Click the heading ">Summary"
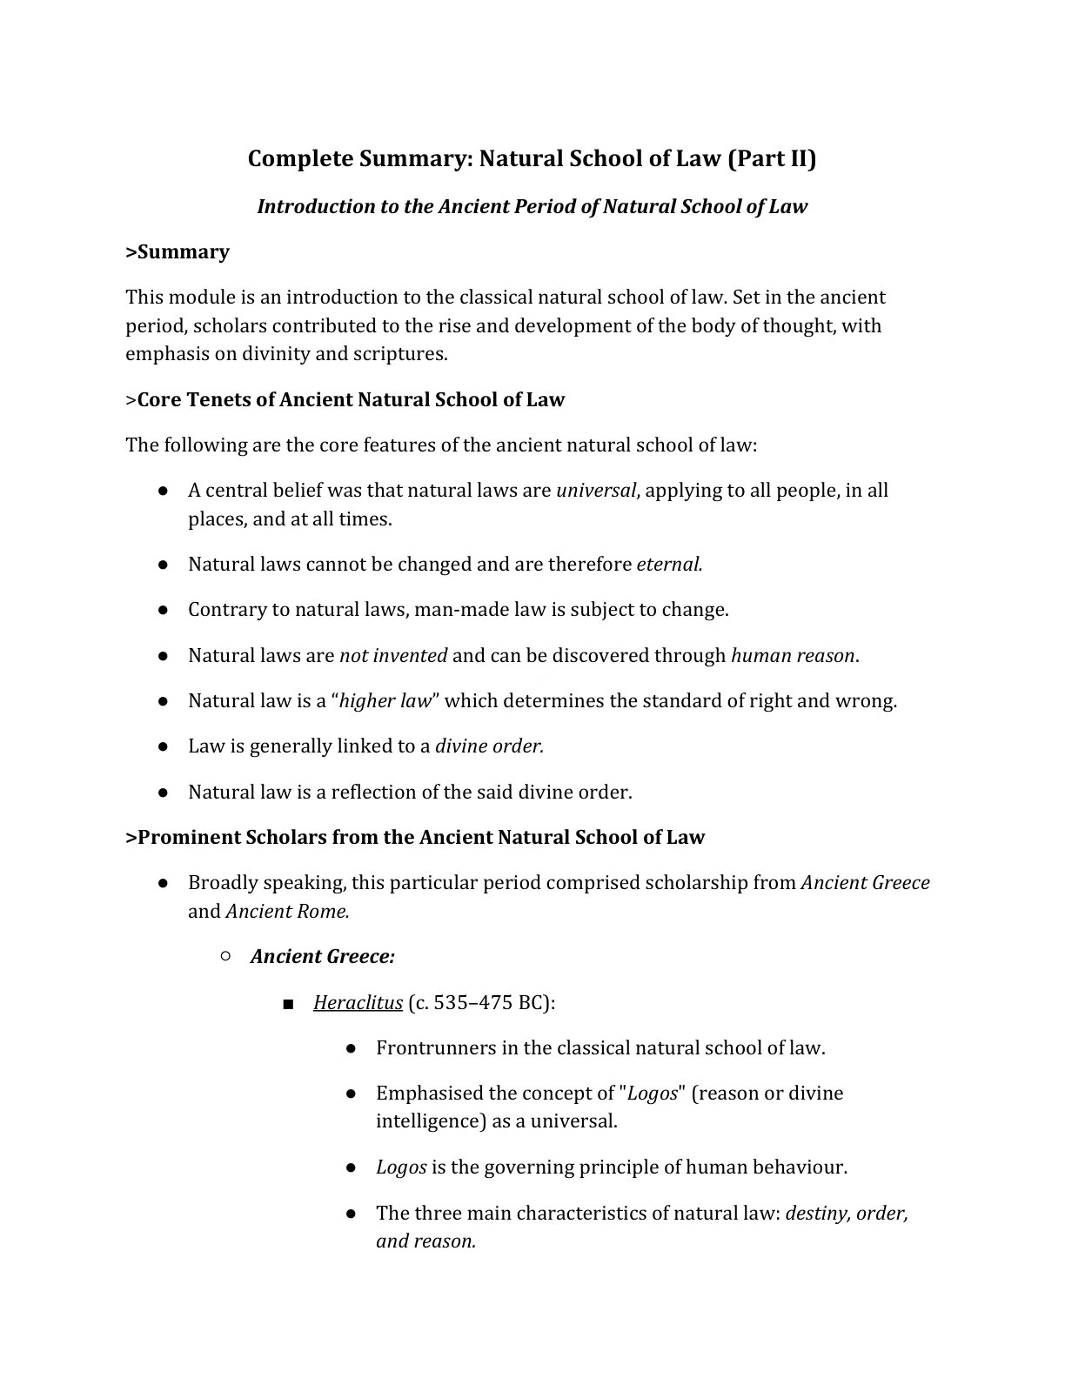[177, 251]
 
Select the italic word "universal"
[596, 490]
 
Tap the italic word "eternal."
[669, 564]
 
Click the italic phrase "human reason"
[793, 655]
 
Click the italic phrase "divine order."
[489, 746]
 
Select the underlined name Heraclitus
[358, 1002]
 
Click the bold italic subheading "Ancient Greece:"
[323, 956]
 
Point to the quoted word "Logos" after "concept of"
[652, 1093]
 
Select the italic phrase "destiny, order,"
[847, 1213]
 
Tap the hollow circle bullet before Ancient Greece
[225, 956]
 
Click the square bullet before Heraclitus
[289, 1004]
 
